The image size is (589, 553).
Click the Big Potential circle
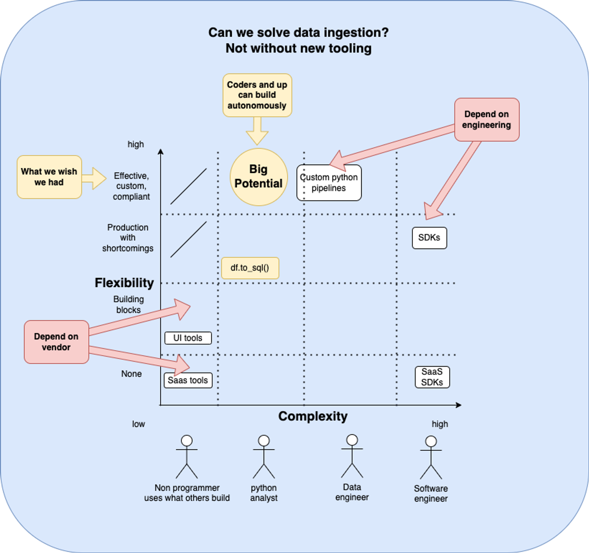click(x=258, y=177)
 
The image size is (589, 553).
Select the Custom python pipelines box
click(x=329, y=183)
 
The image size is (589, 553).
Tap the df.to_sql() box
click(x=250, y=268)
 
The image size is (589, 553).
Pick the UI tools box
click(x=188, y=338)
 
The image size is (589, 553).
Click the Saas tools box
click(x=188, y=380)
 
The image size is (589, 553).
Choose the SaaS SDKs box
click(x=432, y=377)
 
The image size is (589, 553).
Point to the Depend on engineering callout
click(x=486, y=120)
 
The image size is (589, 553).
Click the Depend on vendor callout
click(x=56, y=342)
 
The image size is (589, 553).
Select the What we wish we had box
click(x=49, y=177)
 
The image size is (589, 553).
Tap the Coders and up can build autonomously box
click(x=257, y=95)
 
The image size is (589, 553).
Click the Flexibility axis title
click(x=124, y=282)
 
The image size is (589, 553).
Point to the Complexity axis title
click(x=313, y=416)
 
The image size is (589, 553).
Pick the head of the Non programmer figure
click(x=187, y=441)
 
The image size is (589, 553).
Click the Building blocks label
click(x=128, y=305)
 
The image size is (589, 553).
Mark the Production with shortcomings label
click(x=128, y=238)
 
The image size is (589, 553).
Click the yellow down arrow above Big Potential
click(x=257, y=131)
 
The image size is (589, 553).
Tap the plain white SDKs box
click(x=429, y=238)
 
